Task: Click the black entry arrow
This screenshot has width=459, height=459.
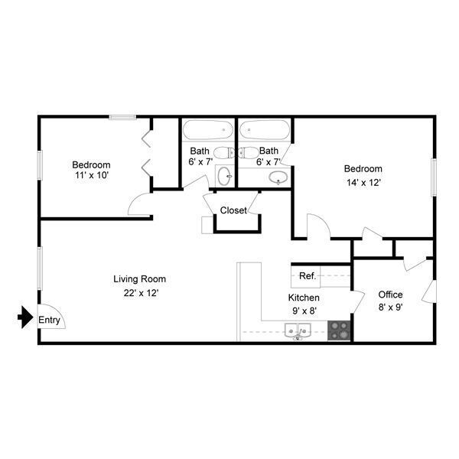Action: click(x=24, y=315)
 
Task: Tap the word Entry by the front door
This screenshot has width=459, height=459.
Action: click(x=49, y=321)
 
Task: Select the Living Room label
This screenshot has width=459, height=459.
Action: click(x=139, y=279)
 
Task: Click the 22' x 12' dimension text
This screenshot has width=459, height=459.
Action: click(x=139, y=292)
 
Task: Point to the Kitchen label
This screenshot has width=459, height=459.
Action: click(x=304, y=298)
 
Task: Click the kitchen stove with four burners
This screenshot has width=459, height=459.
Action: click(x=340, y=330)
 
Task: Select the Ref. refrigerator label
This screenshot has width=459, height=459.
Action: click(x=308, y=275)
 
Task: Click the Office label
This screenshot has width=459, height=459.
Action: click(x=390, y=295)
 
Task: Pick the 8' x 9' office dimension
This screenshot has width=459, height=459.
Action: click(x=390, y=308)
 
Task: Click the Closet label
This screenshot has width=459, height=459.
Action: click(x=233, y=210)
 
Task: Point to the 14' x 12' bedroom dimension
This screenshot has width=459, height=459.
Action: click(x=363, y=183)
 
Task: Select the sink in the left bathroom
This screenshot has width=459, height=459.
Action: click(x=224, y=177)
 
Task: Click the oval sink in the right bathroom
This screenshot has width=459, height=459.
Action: click(x=278, y=179)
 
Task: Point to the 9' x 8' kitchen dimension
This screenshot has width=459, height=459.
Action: click(x=303, y=311)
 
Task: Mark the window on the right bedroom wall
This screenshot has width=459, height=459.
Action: click(x=433, y=177)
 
